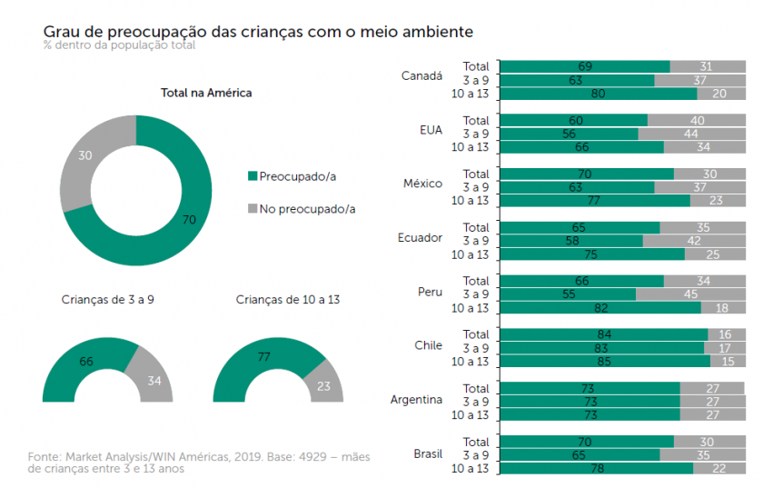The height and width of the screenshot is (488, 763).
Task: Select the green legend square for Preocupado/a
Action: point(253,176)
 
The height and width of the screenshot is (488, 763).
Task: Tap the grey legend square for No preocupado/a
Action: point(253,209)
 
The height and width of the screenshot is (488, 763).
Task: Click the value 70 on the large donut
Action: point(189,219)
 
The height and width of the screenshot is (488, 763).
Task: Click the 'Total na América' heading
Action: point(206,93)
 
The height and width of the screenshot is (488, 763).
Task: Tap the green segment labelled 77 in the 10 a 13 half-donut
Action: point(264,358)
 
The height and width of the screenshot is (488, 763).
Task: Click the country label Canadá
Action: point(421,76)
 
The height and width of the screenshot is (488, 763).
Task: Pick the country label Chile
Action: point(428,345)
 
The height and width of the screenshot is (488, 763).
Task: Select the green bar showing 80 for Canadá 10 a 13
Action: point(598,93)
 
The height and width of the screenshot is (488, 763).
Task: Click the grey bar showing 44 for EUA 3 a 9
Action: point(690,134)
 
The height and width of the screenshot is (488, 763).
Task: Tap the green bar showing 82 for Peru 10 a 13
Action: point(599,308)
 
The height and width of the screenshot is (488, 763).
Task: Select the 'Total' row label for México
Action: point(475,174)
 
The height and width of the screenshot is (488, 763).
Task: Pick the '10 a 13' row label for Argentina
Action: point(471,414)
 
